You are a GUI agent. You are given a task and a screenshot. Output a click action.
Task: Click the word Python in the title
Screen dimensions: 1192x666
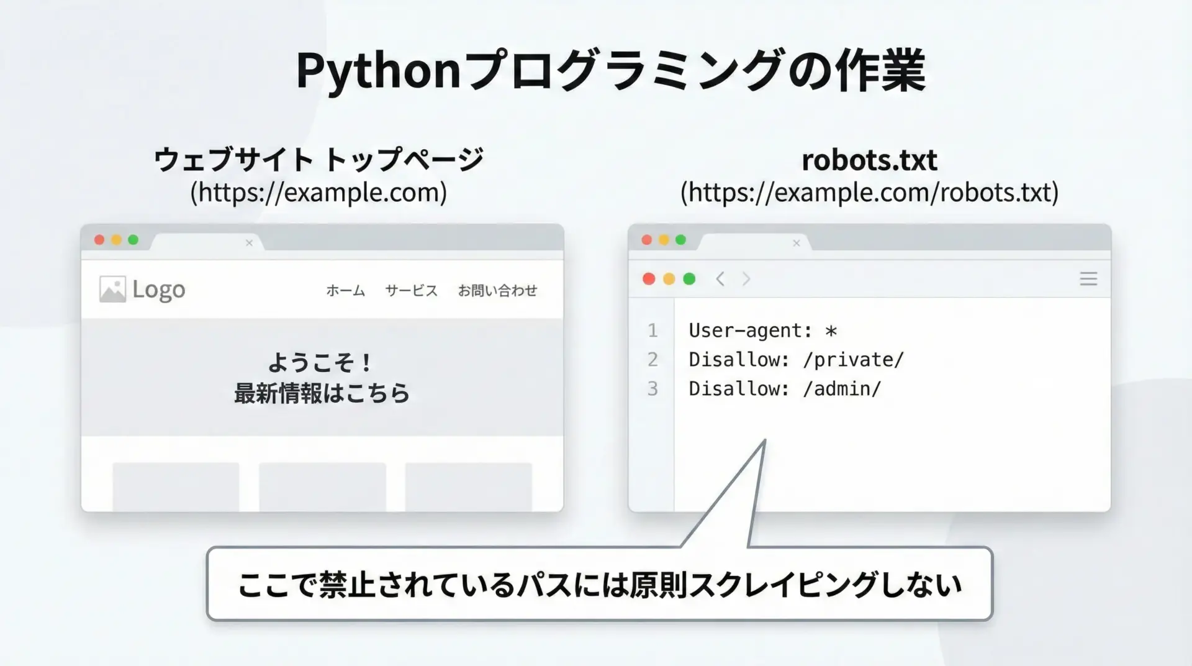point(378,71)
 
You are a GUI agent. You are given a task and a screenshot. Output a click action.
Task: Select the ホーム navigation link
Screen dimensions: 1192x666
point(346,291)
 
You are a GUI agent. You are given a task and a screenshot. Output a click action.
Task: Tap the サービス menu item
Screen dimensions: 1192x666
point(411,291)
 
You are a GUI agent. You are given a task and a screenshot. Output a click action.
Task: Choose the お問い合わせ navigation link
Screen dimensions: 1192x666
point(497,291)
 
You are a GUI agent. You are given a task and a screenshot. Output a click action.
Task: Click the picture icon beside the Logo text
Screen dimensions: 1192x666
point(112,290)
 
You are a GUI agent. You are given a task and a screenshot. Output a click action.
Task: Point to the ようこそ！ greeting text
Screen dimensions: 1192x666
point(320,362)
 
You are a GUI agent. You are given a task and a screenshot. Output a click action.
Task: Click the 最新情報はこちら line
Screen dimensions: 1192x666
point(322,393)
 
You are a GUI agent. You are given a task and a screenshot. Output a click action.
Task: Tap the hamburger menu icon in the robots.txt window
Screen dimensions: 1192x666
point(1088,279)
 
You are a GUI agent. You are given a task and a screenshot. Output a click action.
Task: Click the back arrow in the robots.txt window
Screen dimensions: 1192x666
point(720,279)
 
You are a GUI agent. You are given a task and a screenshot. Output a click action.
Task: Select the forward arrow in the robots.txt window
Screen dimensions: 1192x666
point(746,279)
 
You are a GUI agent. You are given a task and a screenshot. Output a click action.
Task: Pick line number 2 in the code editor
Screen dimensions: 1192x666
point(652,360)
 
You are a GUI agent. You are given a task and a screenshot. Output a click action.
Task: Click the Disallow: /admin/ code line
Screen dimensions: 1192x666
point(785,389)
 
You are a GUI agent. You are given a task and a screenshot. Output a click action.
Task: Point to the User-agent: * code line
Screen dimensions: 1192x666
point(763,331)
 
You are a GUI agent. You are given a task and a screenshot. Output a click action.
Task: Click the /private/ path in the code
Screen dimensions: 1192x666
point(853,360)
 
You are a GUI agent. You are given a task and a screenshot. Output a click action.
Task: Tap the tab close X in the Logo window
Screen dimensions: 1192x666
point(249,243)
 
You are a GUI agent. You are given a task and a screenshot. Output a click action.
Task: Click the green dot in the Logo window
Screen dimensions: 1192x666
point(133,240)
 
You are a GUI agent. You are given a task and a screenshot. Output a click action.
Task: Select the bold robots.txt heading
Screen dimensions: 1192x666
point(869,160)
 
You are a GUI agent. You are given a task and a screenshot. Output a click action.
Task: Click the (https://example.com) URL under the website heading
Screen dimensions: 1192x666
point(318,193)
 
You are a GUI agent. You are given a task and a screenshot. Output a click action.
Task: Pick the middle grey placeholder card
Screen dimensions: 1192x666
point(322,487)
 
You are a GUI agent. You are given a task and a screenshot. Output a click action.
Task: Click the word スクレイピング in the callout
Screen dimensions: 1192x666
point(783,585)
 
